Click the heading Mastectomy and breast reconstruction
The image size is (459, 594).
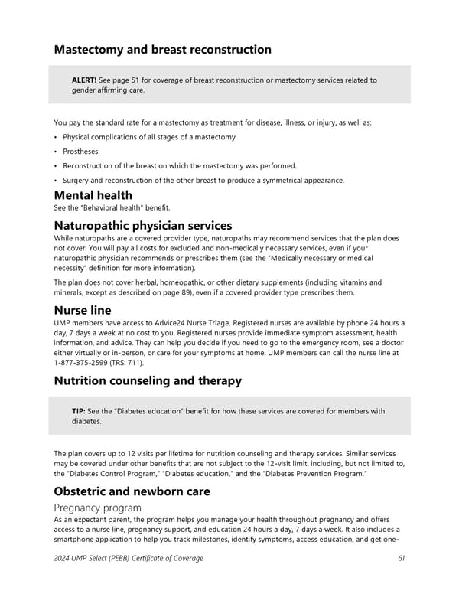[162, 50]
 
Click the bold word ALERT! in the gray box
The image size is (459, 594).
[83, 80]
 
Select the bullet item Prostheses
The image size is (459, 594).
[83, 151]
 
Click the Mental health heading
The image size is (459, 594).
[93, 195]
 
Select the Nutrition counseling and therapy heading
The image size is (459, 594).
[148, 380]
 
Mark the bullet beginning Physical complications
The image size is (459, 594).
[149, 137]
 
